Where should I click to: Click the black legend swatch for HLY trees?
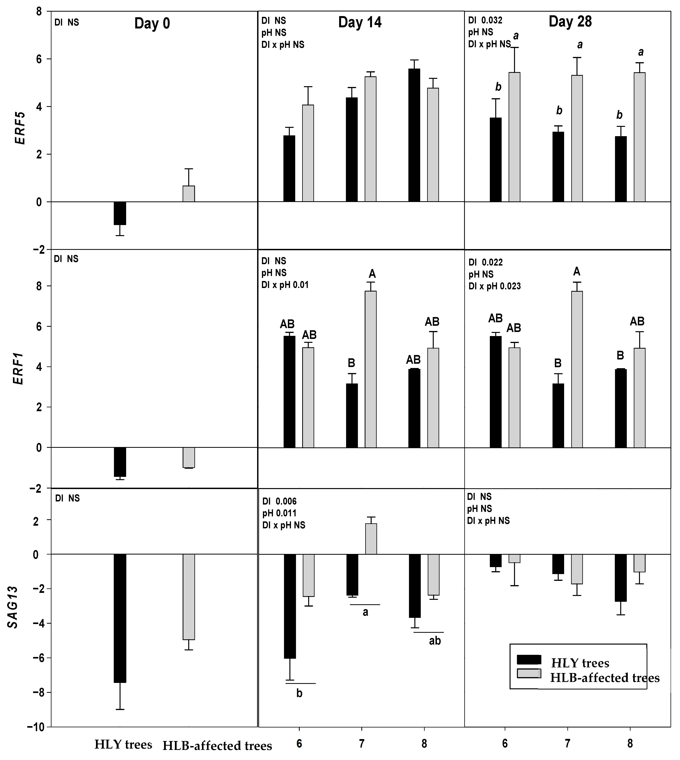point(529,659)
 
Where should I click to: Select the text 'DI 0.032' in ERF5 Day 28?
point(485,20)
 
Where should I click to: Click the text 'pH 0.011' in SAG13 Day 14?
point(279,513)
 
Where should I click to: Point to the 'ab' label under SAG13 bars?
point(435,641)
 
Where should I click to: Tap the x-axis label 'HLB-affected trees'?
point(217,746)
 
